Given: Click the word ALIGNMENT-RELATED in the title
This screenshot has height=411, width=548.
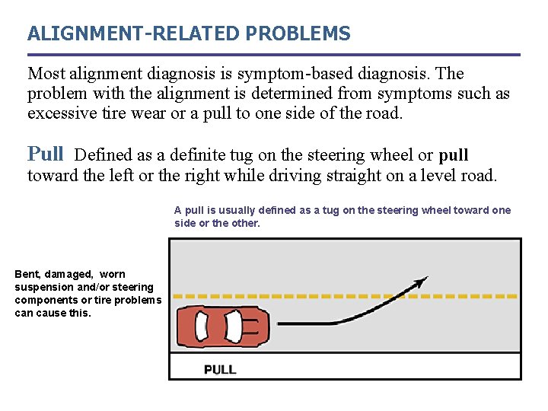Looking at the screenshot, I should tap(134, 34).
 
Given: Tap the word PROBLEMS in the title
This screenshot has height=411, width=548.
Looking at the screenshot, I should tap(298, 34).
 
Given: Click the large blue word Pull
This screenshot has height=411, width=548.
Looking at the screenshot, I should tap(46, 154).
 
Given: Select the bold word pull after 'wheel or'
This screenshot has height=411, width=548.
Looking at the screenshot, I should tap(454, 155).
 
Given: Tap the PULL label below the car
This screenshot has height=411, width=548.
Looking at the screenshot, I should tap(220, 370).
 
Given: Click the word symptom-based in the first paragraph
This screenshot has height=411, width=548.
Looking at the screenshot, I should tap(286, 75).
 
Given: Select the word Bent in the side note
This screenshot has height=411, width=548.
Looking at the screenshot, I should tap(27, 274).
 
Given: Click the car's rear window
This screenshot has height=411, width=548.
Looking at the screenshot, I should tap(202, 327).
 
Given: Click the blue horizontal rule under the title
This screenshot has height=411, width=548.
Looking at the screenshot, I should tap(274, 55).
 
